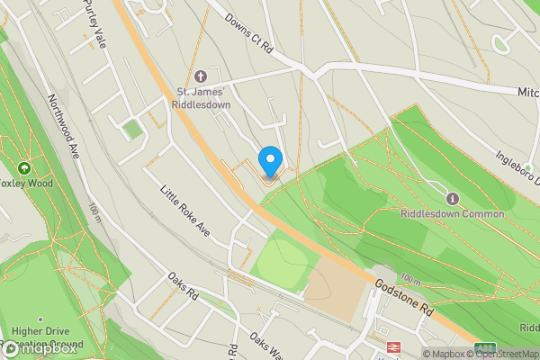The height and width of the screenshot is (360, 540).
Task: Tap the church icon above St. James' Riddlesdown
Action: pyautogui.click(x=200, y=77)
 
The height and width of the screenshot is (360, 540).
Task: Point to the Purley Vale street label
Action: pyautogui.click(x=94, y=24)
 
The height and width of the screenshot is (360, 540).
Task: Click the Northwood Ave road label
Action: pyautogui.click(x=65, y=126)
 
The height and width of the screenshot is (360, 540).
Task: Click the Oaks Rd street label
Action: pyautogui.click(x=182, y=287)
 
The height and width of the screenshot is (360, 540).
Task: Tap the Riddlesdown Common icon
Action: pyautogui.click(x=452, y=198)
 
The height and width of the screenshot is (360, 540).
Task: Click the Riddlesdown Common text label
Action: pyautogui.click(x=452, y=214)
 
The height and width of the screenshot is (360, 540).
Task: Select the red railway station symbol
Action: pyautogui.click(x=393, y=346)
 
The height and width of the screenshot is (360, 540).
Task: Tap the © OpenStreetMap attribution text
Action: pyautogui.click(x=508, y=354)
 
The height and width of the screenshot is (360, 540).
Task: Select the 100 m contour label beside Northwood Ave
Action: pyautogui.click(x=94, y=212)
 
